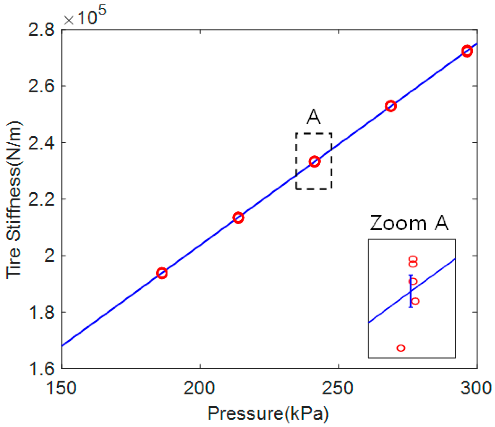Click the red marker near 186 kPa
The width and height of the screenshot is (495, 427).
[162, 273]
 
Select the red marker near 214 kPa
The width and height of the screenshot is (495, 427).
[238, 217]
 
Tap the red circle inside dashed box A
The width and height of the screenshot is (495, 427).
[314, 161]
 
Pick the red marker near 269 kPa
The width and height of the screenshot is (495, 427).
[391, 106]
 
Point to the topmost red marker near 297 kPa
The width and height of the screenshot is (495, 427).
[467, 51]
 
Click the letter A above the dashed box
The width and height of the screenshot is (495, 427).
[313, 117]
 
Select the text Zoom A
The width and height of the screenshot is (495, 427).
[409, 223]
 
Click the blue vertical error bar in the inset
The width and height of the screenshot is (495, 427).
[411, 291]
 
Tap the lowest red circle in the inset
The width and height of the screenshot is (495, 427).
[401, 348]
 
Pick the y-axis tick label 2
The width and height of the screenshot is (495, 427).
[49, 256]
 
